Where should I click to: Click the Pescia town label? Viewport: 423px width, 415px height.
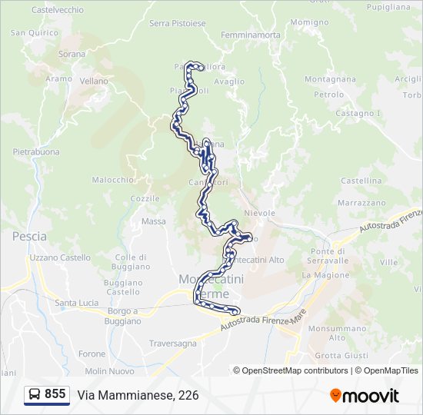29,237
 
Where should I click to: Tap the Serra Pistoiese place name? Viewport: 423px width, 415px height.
178,23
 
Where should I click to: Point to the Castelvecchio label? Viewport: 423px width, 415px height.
58,10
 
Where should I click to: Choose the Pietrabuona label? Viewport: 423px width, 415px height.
36,152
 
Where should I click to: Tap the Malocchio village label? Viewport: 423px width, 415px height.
113,180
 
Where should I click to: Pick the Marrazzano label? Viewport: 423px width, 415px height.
361,203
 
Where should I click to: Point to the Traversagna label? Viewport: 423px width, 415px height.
173,344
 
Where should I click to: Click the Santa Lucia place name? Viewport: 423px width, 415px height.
76,303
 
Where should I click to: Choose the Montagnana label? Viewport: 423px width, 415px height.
330,79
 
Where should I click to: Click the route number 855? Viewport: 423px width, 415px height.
55,394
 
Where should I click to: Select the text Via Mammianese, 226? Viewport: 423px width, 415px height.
138,395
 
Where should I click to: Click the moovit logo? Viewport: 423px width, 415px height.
365,396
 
